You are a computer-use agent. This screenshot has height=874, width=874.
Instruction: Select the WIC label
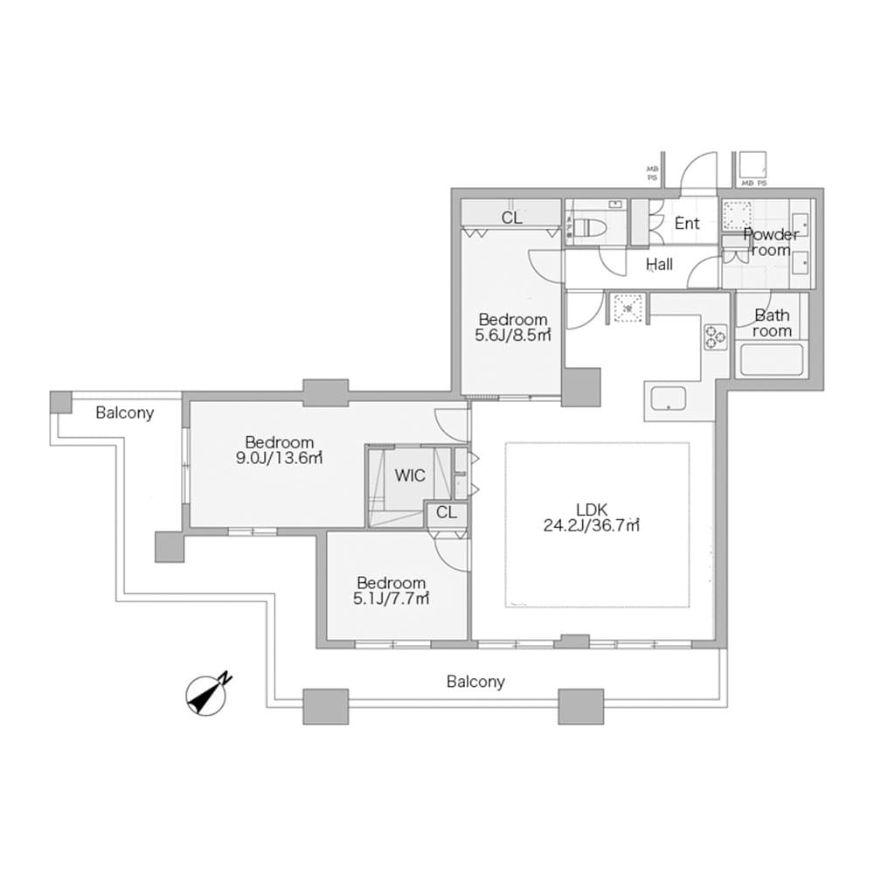(410, 475)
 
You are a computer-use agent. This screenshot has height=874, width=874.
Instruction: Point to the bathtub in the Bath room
(770, 360)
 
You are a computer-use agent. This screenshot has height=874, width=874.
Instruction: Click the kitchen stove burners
(715, 336)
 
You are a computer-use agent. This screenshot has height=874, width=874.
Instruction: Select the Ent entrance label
(687, 224)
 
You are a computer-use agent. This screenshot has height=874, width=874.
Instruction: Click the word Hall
(659, 264)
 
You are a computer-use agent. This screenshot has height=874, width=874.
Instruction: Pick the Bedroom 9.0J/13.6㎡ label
(279, 450)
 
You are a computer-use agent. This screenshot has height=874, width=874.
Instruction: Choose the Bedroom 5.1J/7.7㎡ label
(391, 591)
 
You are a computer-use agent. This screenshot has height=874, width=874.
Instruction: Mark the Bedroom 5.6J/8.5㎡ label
(512, 327)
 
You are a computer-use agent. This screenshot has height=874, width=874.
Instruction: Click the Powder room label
(771, 242)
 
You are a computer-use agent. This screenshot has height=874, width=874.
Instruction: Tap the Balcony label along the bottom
(475, 682)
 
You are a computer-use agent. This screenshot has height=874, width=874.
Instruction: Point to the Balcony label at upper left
(125, 413)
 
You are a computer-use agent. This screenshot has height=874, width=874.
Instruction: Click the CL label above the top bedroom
(512, 218)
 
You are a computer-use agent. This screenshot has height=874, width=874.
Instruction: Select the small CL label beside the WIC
(446, 513)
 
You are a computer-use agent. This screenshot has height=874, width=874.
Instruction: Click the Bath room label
(772, 323)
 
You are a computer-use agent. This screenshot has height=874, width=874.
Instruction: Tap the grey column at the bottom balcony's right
(580, 706)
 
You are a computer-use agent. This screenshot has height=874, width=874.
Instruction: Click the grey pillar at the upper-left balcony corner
(60, 402)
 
